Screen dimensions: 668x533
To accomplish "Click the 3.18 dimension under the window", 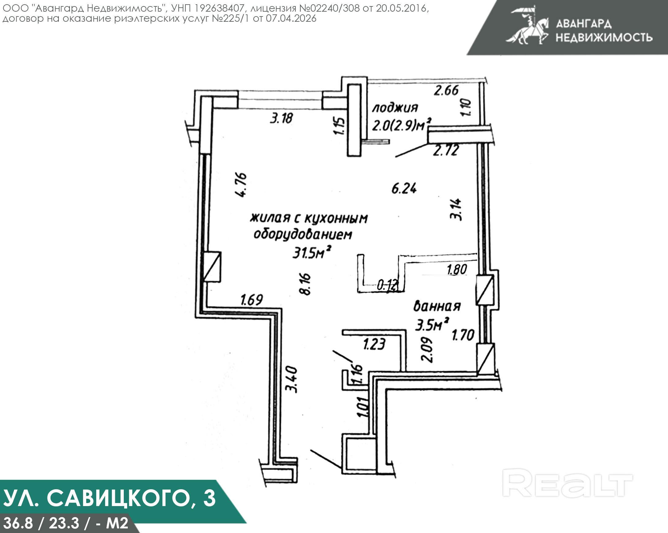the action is [281, 118].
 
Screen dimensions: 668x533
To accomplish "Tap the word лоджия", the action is [395, 108].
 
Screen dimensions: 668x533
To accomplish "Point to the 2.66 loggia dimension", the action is [446, 90].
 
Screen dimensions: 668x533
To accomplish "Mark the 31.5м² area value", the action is [311, 253].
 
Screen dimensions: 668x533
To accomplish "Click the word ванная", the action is [437, 306].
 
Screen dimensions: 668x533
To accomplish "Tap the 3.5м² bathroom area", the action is [432, 325].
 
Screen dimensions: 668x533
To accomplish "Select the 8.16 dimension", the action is [306, 284].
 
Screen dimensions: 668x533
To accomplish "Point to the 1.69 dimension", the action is [252, 300].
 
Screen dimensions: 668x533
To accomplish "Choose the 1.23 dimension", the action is [374, 344].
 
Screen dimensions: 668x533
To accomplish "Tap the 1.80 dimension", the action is [457, 270].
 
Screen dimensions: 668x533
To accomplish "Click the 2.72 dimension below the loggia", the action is [446, 151].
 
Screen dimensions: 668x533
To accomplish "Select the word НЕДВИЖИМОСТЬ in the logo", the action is [604, 37].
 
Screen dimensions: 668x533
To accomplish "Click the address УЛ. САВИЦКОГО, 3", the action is [109, 498].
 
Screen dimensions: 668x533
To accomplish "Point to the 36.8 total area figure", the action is [18, 523].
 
